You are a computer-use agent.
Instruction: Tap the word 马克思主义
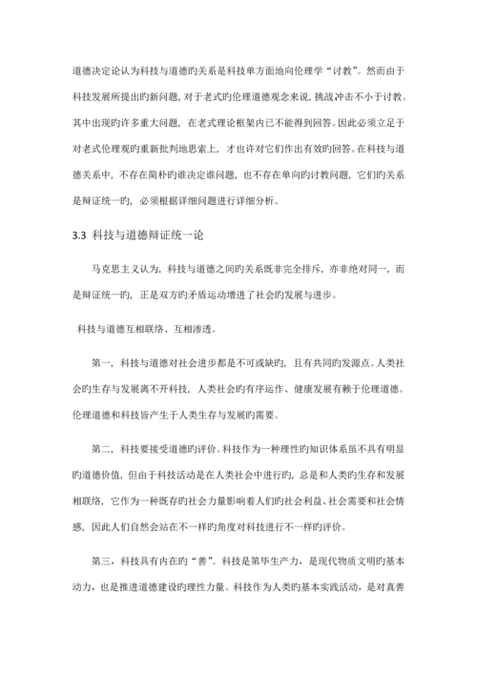[x=120, y=272]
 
